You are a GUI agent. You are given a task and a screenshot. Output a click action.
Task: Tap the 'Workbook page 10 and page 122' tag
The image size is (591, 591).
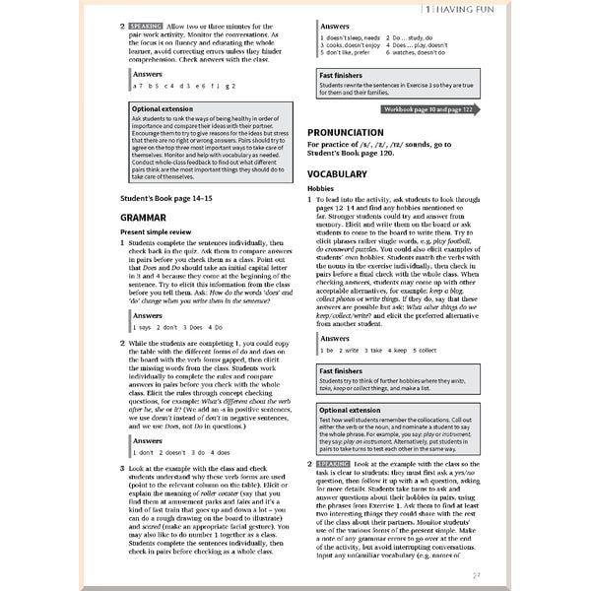pos(428,109)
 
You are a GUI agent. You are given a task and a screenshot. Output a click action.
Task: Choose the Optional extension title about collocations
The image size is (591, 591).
pos(349,410)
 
